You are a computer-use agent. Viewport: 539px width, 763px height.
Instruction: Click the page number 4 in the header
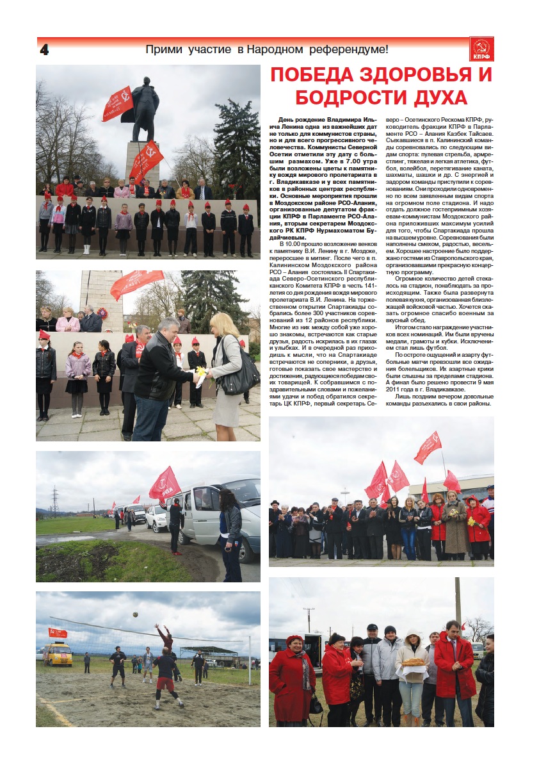click(44, 49)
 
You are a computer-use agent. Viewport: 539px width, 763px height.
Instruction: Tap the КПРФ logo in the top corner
click(481, 49)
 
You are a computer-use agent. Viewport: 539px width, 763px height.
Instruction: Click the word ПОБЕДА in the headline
click(325, 75)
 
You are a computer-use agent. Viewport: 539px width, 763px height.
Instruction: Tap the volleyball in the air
click(135, 614)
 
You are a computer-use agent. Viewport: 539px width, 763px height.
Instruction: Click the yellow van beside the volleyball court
click(58, 653)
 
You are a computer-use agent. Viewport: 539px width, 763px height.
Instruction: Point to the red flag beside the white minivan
click(165, 484)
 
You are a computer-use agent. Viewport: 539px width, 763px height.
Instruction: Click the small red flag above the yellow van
click(58, 632)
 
